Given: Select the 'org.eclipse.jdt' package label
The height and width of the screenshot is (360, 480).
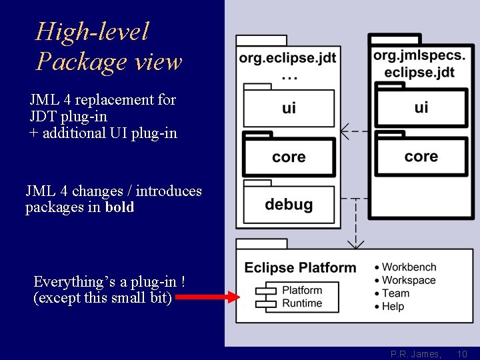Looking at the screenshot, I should click(x=288, y=58).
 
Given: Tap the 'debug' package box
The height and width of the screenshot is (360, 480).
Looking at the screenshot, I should click(x=289, y=204).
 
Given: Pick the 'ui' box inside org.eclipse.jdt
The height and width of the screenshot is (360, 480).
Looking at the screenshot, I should click(x=289, y=108).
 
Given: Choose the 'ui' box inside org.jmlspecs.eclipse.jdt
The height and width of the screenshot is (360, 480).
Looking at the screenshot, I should click(x=421, y=107).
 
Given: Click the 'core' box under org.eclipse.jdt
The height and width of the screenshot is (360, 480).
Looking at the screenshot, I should click(x=289, y=157).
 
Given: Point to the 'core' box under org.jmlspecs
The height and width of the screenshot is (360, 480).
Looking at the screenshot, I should click(x=421, y=157).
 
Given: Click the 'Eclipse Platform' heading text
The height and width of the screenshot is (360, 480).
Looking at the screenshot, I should click(x=300, y=268).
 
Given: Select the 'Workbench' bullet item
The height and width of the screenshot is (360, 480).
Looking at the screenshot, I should click(x=409, y=267).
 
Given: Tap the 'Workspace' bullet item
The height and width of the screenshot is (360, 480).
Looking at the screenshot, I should click(x=409, y=281).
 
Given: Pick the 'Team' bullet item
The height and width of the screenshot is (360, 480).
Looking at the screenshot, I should click(x=396, y=293).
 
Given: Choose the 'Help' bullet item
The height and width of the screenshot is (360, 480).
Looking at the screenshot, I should click(x=393, y=307).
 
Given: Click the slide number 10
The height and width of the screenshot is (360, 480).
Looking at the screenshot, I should click(x=463, y=354).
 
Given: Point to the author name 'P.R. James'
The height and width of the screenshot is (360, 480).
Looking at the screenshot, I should click(x=415, y=354).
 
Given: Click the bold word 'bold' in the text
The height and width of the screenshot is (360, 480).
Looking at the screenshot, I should click(x=119, y=207).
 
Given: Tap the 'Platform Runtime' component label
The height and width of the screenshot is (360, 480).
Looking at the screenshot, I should click(x=301, y=297).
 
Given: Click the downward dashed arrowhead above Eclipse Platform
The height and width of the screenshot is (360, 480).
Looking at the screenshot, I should click(x=356, y=244).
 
